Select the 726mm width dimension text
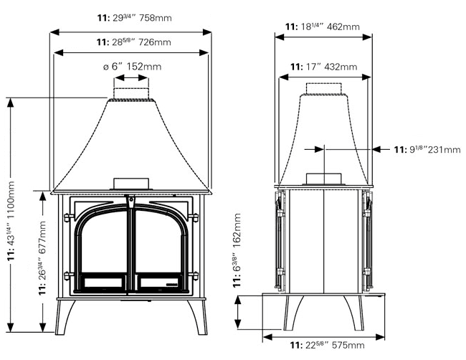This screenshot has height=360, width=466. tap(134, 42)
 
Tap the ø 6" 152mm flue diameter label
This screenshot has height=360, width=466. tap(132, 67)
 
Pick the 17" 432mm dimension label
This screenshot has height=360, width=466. tap(323, 67)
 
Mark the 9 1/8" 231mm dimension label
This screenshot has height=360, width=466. tap(427, 150)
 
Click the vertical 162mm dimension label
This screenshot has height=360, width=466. tap(239, 252)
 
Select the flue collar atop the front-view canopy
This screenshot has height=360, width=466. tap(130, 93)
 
